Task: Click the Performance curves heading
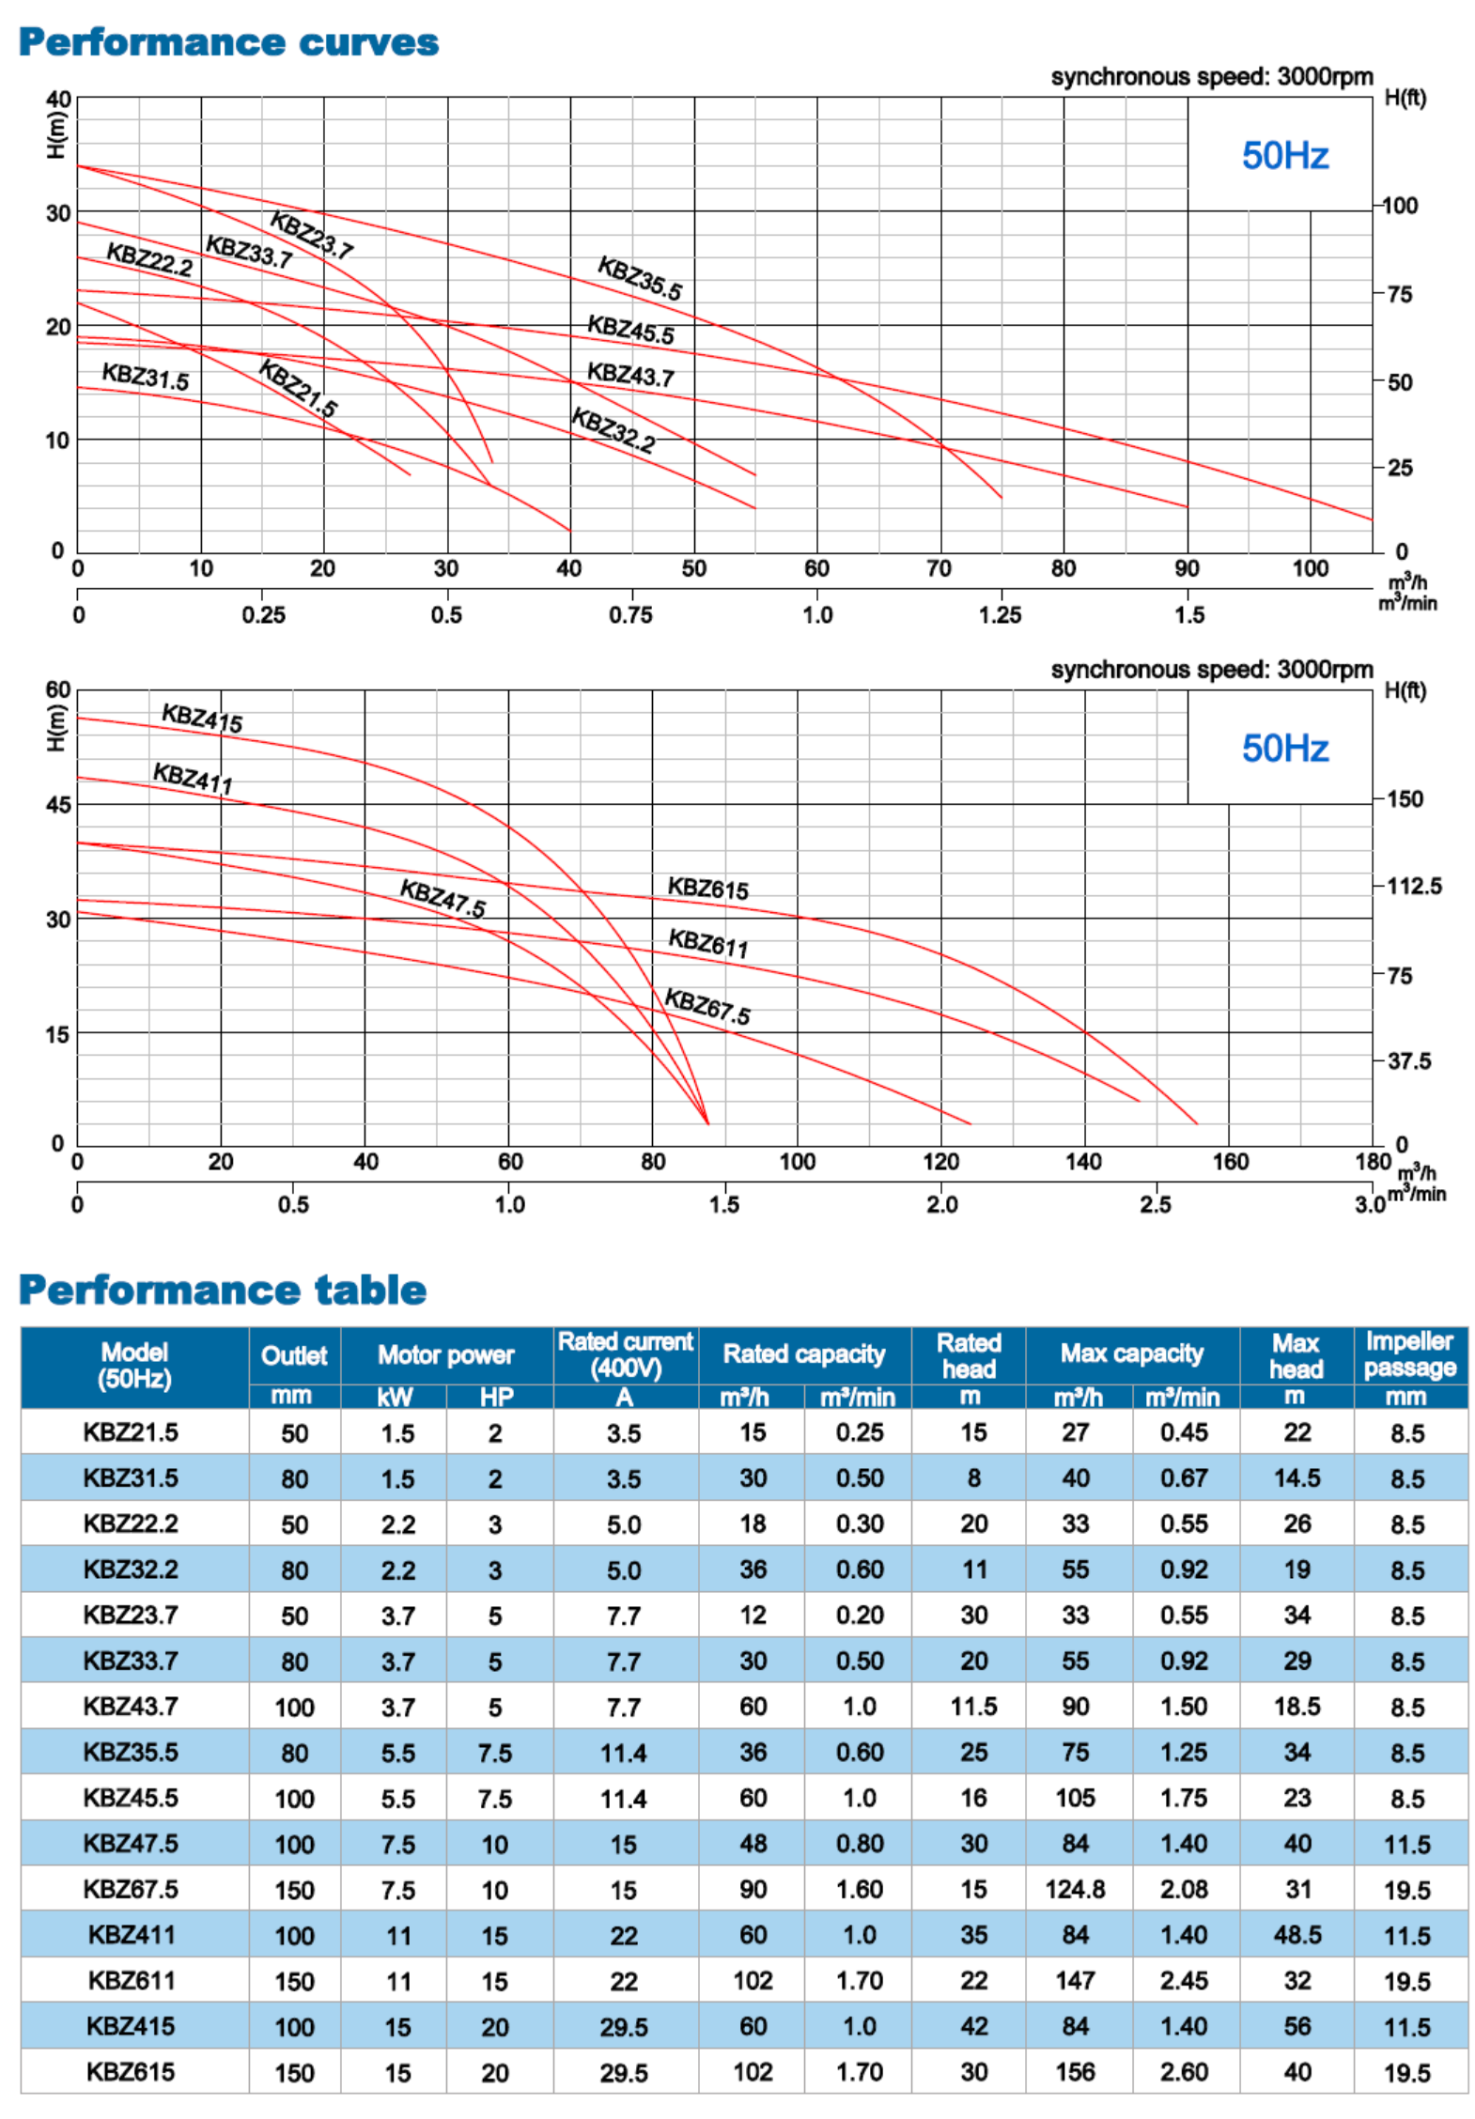(x=228, y=42)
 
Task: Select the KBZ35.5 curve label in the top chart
(x=640, y=278)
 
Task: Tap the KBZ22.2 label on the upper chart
(x=148, y=259)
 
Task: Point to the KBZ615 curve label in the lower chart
(x=707, y=888)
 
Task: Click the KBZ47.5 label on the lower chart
(x=442, y=898)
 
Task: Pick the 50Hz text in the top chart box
(x=1284, y=156)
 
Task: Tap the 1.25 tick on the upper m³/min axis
(x=1000, y=615)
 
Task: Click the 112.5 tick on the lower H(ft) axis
(x=1413, y=886)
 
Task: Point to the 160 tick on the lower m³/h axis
(x=1230, y=1162)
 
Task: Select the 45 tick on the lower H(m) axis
(x=58, y=805)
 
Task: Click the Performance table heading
(x=223, y=1290)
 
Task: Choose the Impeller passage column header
(x=1409, y=1353)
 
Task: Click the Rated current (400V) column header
(x=625, y=1353)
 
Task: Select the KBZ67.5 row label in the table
(x=131, y=1889)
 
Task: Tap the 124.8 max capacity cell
(x=1075, y=1889)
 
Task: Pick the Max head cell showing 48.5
(x=1296, y=1935)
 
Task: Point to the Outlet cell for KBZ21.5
(x=294, y=1433)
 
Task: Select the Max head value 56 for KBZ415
(x=1296, y=2026)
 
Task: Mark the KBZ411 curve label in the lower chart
(x=193, y=779)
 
